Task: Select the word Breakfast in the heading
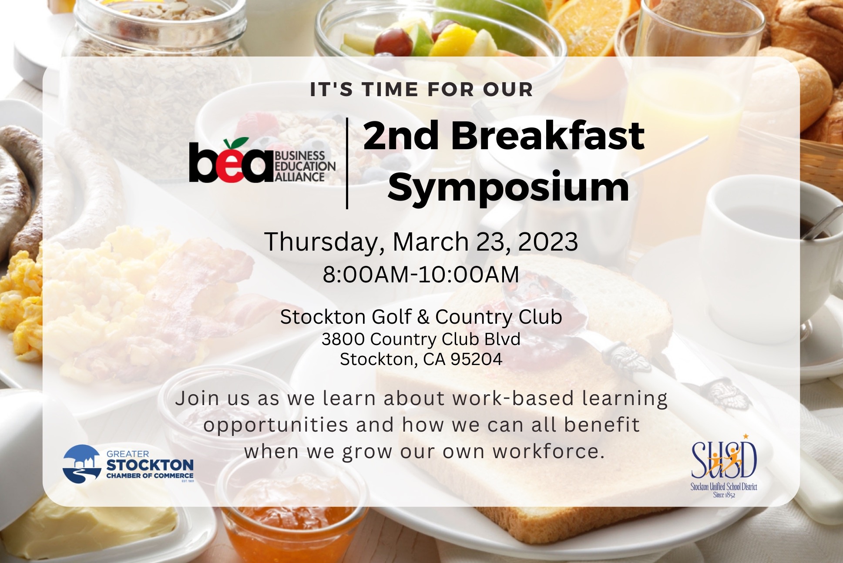(x=548, y=135)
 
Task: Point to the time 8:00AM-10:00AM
(x=421, y=275)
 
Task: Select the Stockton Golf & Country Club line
(x=421, y=317)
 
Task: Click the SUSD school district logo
(x=724, y=466)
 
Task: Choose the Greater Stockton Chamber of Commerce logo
(x=128, y=464)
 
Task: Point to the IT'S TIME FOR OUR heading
(x=421, y=90)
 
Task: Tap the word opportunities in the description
(x=276, y=425)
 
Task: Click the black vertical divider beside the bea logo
(x=347, y=163)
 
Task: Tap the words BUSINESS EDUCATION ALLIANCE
(x=305, y=166)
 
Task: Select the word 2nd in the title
(x=401, y=135)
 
